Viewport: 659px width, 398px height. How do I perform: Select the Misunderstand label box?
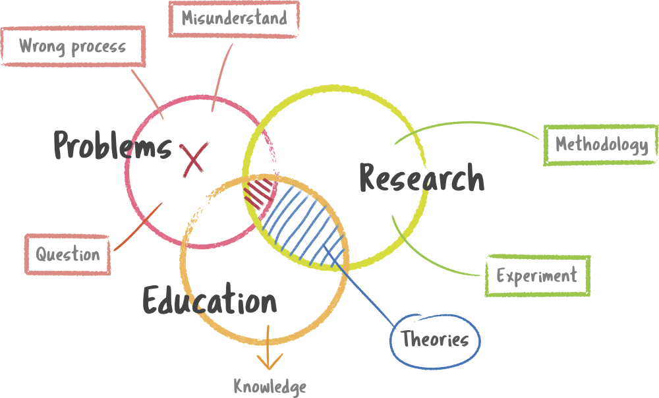pyautogui.click(x=234, y=18)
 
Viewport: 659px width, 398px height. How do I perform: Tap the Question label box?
pyautogui.click(x=68, y=254)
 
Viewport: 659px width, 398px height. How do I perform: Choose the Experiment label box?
pyautogui.click(x=537, y=275)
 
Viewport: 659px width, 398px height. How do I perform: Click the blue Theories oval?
pyautogui.click(x=435, y=339)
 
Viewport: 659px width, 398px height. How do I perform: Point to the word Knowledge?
pyautogui.click(x=270, y=386)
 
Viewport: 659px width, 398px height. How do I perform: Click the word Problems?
pyautogui.click(x=112, y=145)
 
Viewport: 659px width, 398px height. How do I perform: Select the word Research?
pyautogui.click(x=422, y=178)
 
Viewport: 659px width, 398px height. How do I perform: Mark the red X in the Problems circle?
pyautogui.click(x=195, y=159)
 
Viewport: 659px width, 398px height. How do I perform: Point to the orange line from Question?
pyautogui.click(x=138, y=227)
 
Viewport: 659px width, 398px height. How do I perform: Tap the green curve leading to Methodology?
pyautogui.click(x=474, y=125)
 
